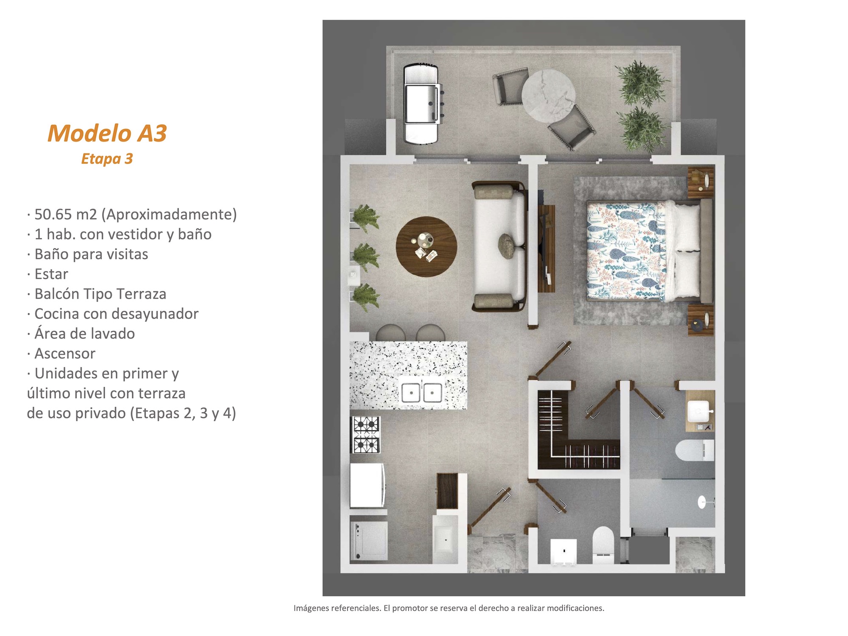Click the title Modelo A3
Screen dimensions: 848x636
pyautogui.click(x=107, y=133)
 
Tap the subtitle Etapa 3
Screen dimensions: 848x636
pyautogui.click(x=107, y=159)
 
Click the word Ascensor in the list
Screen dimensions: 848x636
pyautogui.click(x=65, y=354)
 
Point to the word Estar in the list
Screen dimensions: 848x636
pyautogui.click(x=51, y=274)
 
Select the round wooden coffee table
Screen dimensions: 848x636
pyautogui.click(x=426, y=247)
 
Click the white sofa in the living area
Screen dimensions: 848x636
pyautogui.click(x=499, y=247)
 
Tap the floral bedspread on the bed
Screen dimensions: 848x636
pyautogui.click(x=625, y=251)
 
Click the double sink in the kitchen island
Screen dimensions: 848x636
pyautogui.click(x=421, y=393)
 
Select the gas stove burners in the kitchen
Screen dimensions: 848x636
pyautogui.click(x=366, y=435)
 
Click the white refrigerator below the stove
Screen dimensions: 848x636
pyautogui.click(x=367, y=485)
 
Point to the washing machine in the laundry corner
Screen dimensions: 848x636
pyautogui.click(x=369, y=540)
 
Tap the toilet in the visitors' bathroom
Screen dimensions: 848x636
pyautogui.click(x=603, y=546)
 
